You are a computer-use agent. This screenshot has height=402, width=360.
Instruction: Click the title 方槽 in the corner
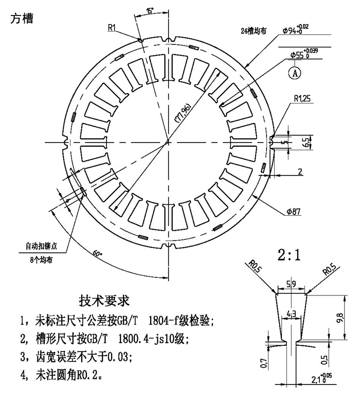[x=21, y=19]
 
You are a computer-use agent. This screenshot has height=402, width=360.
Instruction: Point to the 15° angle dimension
[x=150, y=11]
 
